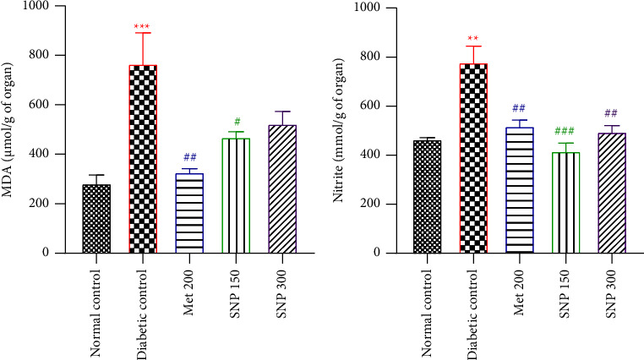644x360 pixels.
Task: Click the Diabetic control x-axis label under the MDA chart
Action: tap(143, 308)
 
